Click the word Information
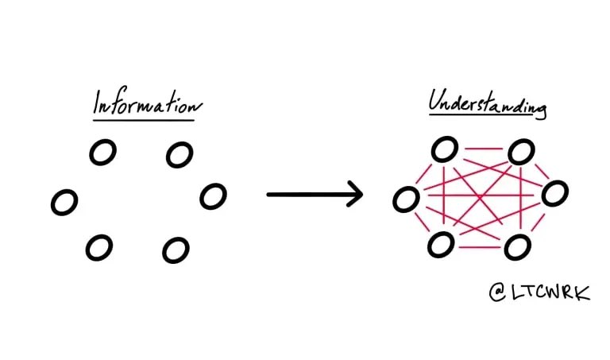pyautogui.click(x=148, y=105)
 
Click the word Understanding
pyautogui.click(x=487, y=103)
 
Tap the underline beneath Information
pyautogui.click(x=144, y=120)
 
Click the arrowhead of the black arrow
pyautogui.click(x=353, y=194)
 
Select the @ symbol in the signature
pyautogui.click(x=498, y=292)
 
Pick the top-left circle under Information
pyautogui.click(x=102, y=152)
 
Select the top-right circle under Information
pyautogui.click(x=180, y=154)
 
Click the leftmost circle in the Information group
pyautogui.click(x=64, y=202)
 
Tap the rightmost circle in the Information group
pyautogui.click(x=213, y=195)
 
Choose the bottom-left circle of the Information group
pyautogui.click(x=99, y=248)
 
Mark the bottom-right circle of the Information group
pyautogui.click(x=176, y=250)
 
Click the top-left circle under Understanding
pyautogui.click(x=445, y=149)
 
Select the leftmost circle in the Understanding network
pyautogui.click(x=407, y=199)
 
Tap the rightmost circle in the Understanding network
pyautogui.click(x=554, y=192)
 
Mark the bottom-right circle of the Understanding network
pyautogui.click(x=517, y=246)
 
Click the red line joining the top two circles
pyautogui.click(x=481, y=148)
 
